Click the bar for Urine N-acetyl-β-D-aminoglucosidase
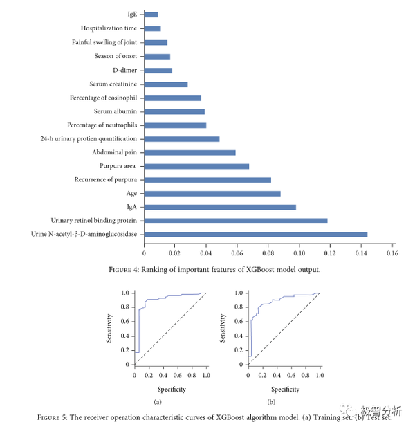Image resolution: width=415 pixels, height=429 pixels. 256,234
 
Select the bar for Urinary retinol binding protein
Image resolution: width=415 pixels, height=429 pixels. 236,221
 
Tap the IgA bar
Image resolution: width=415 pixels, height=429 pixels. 220,207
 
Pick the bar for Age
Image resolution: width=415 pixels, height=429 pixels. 212,193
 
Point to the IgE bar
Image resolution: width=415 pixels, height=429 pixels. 151,15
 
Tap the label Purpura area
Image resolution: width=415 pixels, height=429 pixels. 118,166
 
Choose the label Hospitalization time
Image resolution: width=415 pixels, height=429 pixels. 109,28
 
